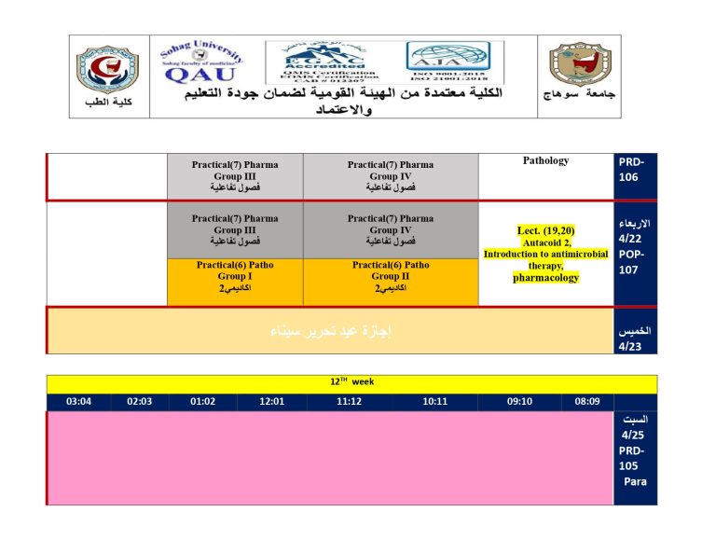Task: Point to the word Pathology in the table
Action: pos(545,161)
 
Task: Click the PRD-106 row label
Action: pos(631,170)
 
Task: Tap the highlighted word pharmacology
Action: pos(545,277)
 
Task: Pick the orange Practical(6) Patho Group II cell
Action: pos(391,282)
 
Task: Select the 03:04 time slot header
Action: pos(79,402)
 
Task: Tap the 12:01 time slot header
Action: pos(271,402)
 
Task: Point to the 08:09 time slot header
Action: pos(587,402)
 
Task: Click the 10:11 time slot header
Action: pos(435,402)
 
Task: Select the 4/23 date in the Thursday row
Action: pos(631,346)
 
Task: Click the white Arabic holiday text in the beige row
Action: pos(330,330)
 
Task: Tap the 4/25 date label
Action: pos(632,435)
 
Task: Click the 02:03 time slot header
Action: pos(139,402)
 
